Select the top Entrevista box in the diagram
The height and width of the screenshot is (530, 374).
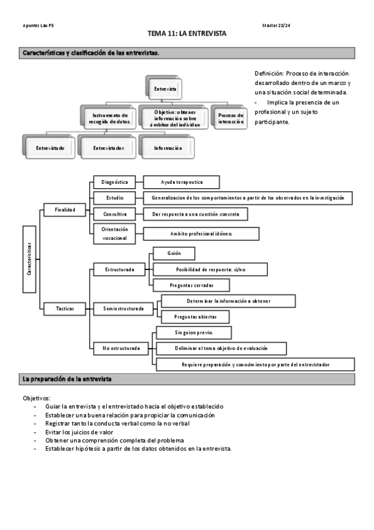click(x=165, y=89)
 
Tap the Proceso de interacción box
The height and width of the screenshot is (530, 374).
click(x=230, y=117)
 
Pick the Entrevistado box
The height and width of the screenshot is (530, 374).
click(x=50, y=148)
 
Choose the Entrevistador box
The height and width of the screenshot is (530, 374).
click(x=108, y=148)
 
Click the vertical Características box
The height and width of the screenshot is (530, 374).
click(x=30, y=259)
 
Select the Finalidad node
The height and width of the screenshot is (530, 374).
click(x=64, y=211)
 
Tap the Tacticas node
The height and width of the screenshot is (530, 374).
click(x=64, y=309)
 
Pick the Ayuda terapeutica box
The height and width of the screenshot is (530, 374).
click(x=182, y=182)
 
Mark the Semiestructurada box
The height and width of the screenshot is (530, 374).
click(x=122, y=309)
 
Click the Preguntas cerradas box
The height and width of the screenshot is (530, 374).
click(x=191, y=284)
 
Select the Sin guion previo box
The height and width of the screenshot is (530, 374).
click(x=194, y=332)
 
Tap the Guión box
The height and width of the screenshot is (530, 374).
click(x=174, y=253)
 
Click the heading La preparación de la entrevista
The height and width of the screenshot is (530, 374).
click(x=67, y=379)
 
